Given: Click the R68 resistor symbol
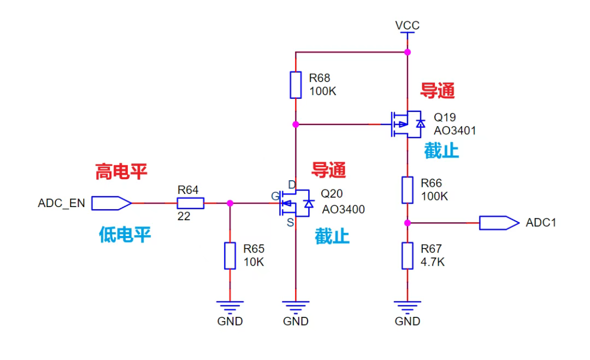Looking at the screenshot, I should tap(296, 85).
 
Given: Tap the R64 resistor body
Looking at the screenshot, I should tap(190, 204).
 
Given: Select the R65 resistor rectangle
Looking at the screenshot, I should tap(230, 256).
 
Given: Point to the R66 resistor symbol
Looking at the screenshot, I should tap(407, 190).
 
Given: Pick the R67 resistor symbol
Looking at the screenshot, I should tap(407, 256).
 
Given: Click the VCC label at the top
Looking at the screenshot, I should tap(408, 25).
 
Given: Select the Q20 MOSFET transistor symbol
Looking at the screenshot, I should tap(296, 204).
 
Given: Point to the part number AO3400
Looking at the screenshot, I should tap(343, 209).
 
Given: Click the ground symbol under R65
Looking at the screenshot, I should tap(230, 305).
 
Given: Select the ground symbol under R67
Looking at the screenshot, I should tap(407, 305).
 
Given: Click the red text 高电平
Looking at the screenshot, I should tap(121, 172).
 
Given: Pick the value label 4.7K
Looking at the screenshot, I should tap(433, 262).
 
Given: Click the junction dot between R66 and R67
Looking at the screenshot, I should tap(407, 223).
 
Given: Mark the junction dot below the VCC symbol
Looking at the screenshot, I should tap(407, 52).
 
